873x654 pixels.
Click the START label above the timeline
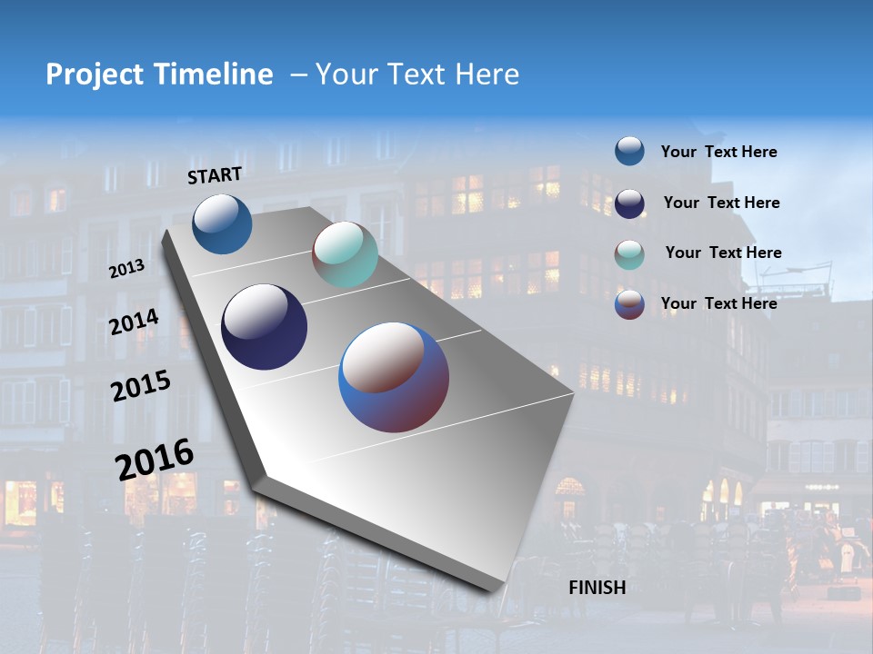pos(215,175)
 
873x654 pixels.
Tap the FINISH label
pos(597,587)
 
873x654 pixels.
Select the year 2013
pos(127,269)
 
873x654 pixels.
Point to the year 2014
pos(135,322)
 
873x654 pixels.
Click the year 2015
pos(141,386)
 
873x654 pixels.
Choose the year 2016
pos(155,459)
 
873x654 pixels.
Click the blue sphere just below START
pos(222,223)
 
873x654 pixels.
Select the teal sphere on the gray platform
pos(345,254)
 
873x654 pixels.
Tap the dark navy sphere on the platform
pos(264,327)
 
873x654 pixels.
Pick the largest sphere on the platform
pos(394,377)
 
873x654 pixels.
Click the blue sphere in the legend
pos(629,151)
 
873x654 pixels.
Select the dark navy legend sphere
pos(629,203)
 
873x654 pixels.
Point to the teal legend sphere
pos(629,253)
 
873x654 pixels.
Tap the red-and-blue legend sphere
pos(629,304)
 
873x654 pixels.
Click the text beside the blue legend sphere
pos(718,152)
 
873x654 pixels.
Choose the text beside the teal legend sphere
pos(723,253)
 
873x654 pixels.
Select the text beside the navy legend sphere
pos(721,203)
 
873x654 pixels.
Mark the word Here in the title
pos(487,74)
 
